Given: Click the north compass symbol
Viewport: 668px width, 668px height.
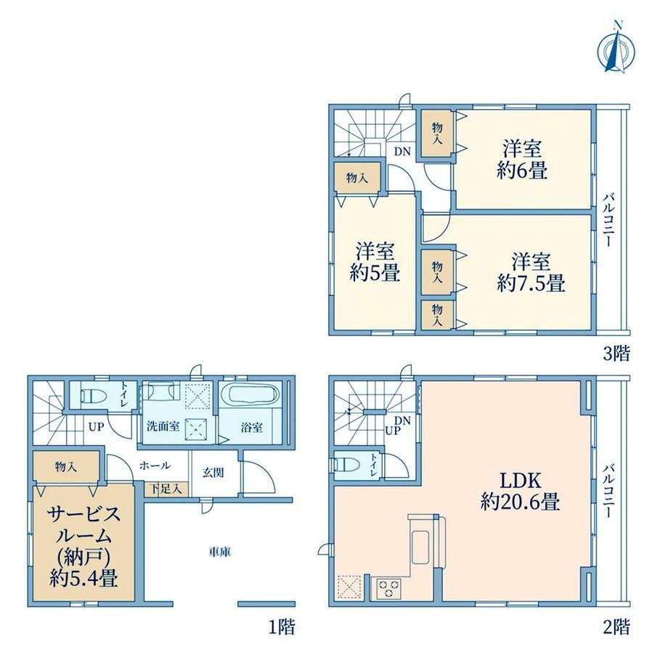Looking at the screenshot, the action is tap(616, 50).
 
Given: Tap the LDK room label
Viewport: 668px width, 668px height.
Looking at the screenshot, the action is tap(520, 492).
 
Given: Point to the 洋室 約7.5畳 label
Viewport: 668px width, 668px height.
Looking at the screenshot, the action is tap(531, 272).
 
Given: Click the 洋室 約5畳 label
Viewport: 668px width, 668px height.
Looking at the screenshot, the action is tap(375, 262).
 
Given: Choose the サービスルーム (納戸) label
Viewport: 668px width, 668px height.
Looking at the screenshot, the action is tap(83, 546).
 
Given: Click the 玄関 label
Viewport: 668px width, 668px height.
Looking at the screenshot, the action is tap(213, 473).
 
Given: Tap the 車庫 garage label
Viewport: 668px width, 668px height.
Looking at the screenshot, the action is tap(220, 552).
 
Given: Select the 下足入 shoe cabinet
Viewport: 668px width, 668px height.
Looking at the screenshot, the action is tap(166, 489).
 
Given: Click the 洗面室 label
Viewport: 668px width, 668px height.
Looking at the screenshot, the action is tap(163, 426).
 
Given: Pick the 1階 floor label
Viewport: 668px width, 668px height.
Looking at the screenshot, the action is tap(282, 627).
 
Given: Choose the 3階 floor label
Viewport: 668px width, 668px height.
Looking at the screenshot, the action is tap(616, 353).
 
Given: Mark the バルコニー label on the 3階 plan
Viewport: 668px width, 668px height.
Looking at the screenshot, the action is tap(608, 220).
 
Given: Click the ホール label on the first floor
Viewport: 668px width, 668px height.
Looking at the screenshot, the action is tap(155, 465).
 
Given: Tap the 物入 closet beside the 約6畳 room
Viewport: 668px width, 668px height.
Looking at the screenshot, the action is tap(437, 134).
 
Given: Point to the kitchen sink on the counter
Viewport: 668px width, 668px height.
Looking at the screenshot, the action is tap(420, 547).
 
